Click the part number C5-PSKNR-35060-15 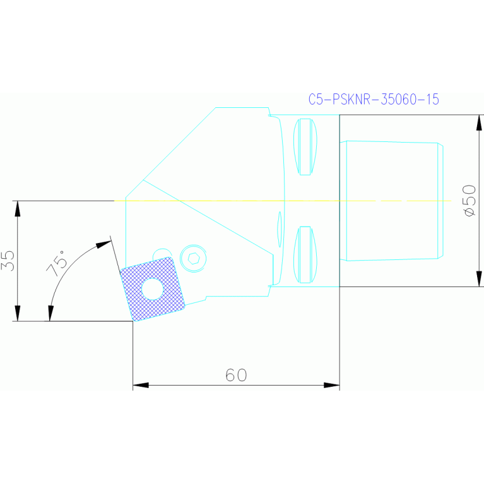(x=374, y=99)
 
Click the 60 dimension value (x=236, y=375)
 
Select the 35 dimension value (x=8, y=261)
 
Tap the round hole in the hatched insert (x=151, y=288)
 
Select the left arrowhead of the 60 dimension (x=140, y=385)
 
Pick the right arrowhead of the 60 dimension (x=332, y=385)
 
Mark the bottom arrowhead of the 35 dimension (x=18, y=314)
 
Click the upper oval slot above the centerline (x=305, y=146)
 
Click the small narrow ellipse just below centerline (x=280, y=228)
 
